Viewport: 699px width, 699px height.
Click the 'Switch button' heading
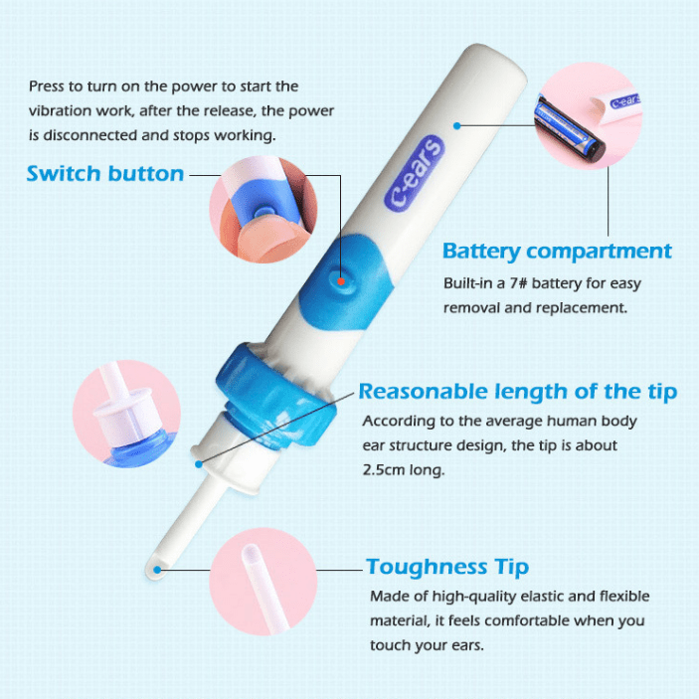[105, 174]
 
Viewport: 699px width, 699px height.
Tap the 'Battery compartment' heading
[557, 252]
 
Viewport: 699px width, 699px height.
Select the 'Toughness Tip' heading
[447, 568]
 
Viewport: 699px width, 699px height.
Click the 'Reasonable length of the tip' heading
[518, 392]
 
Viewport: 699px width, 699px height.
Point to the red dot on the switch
[341, 281]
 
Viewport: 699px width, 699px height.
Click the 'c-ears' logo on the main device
[415, 173]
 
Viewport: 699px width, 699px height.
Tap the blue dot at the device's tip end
[157, 570]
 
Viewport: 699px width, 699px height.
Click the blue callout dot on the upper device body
[456, 126]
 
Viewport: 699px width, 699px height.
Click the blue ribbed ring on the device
[275, 397]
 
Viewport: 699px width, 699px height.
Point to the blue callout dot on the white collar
[199, 464]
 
